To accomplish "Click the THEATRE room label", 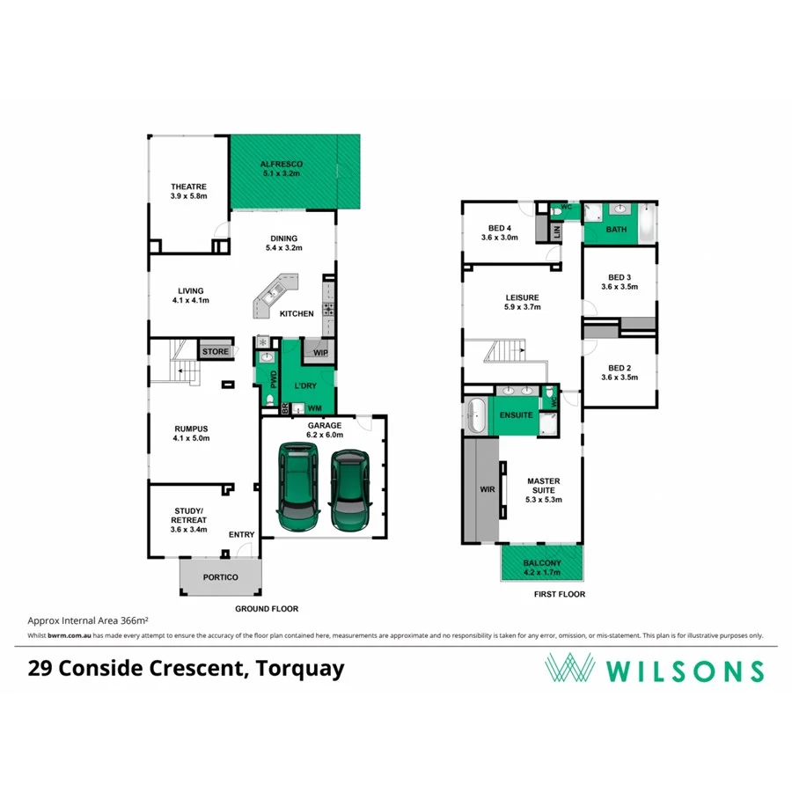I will pos(188,187).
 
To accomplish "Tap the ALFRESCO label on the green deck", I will pos(282,165).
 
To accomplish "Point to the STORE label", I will pos(215,352).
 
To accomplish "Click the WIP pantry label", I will pos(319,353).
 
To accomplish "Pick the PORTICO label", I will pos(220,577).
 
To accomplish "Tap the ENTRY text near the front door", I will pos(241,535).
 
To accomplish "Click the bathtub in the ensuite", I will pos(476,415).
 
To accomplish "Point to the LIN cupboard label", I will pos(555,231).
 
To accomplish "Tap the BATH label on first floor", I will pos(617,230).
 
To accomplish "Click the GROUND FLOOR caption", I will pos(266,609).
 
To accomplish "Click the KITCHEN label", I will pos(297,314).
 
